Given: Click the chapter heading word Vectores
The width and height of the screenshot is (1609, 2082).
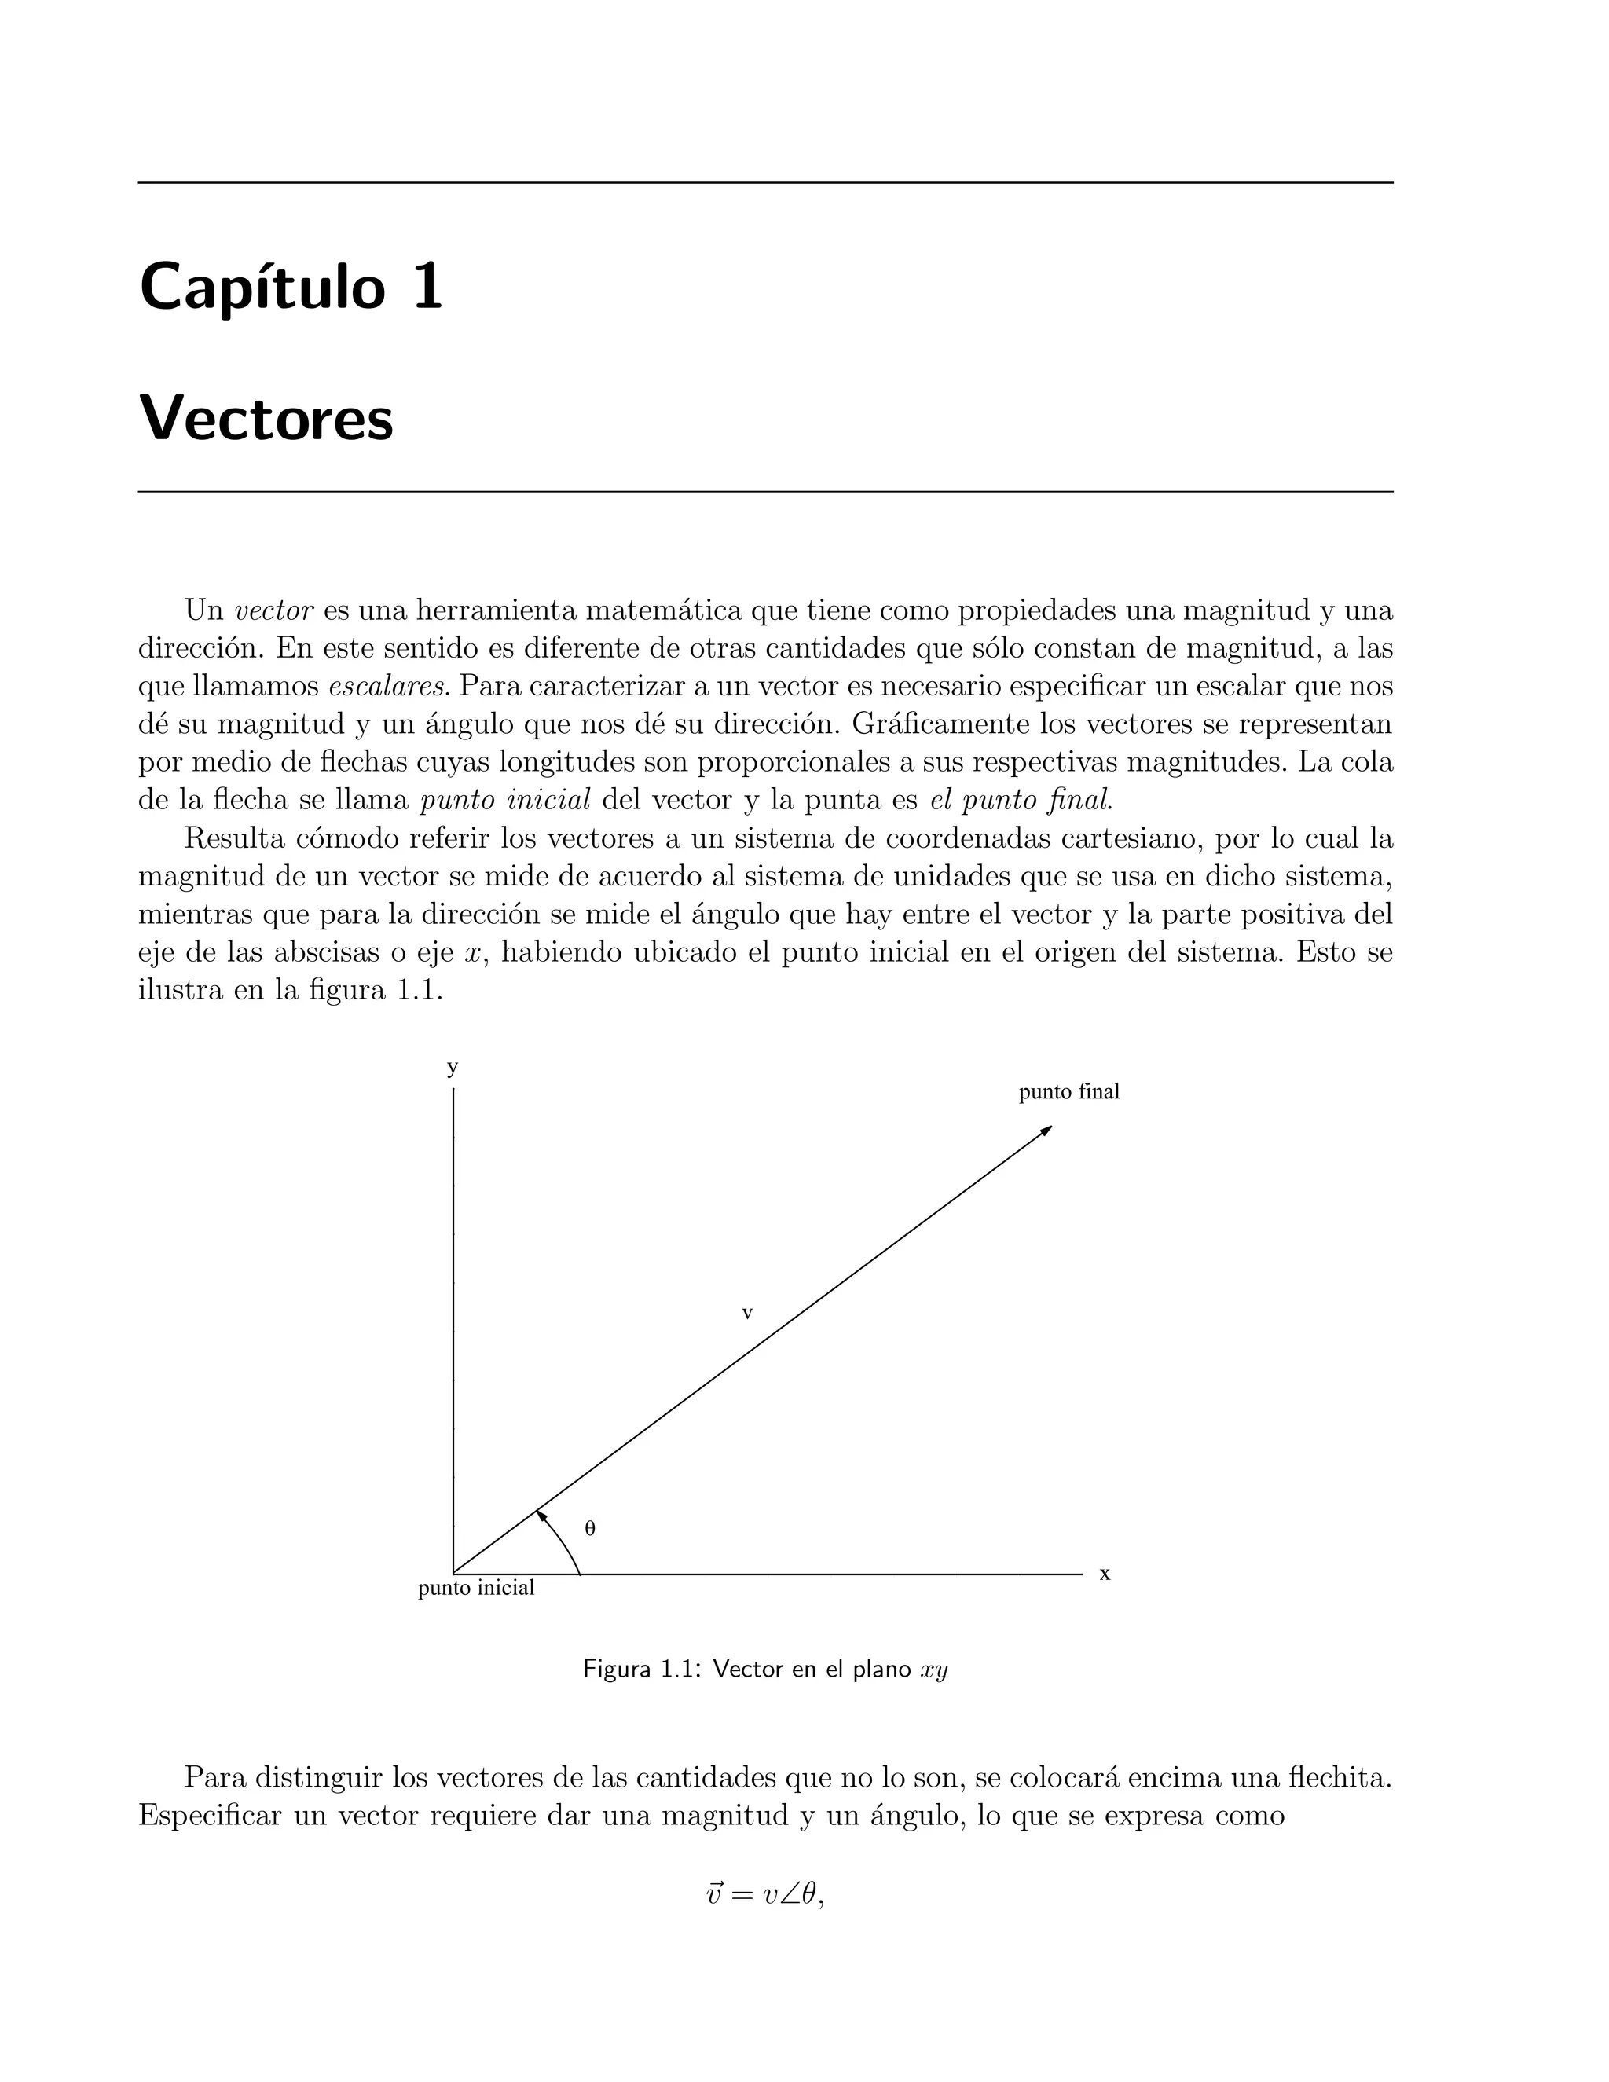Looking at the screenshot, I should (x=266, y=419).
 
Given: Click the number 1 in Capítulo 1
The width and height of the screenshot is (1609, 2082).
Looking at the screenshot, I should (x=427, y=286).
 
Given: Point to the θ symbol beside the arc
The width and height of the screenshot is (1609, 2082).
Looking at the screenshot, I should (x=590, y=1528).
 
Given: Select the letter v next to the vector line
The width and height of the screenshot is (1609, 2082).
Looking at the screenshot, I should (x=747, y=1314).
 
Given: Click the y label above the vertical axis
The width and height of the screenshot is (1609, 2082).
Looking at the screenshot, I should (x=453, y=1067).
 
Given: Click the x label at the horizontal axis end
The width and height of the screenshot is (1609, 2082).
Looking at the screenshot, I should (x=1105, y=1574).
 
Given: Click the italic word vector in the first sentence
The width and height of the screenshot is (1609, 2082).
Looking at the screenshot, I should (x=273, y=610).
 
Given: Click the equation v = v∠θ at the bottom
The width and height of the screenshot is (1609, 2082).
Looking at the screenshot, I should (x=764, y=1921).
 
